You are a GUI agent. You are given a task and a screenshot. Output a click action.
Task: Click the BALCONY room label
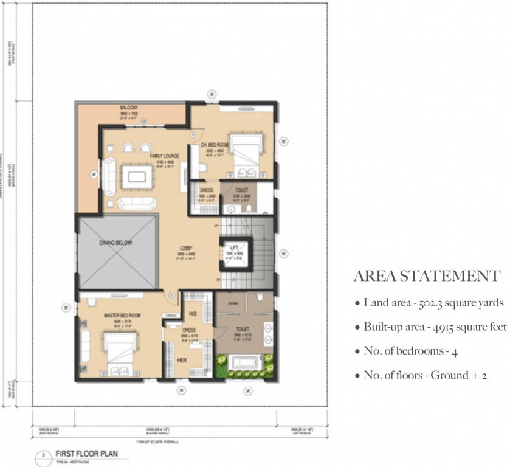click(x=129, y=108)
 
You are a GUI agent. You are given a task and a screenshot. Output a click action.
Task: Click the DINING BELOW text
click(x=115, y=243)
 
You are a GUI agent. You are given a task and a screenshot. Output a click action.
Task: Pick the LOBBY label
click(x=185, y=247)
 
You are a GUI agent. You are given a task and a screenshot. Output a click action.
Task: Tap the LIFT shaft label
click(x=234, y=247)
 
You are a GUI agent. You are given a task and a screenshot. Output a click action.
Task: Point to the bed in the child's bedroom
click(x=244, y=148)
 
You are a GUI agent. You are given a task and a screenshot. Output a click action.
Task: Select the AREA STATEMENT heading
click(x=427, y=276)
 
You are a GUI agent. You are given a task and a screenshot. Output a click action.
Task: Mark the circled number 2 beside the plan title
click(x=44, y=454)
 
